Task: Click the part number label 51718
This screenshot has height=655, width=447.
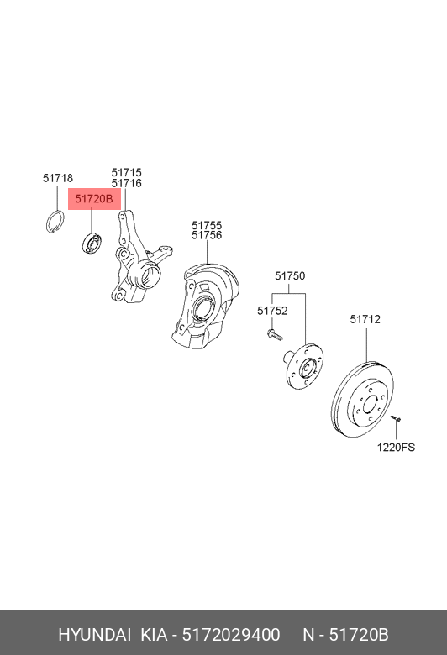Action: pyautogui.click(x=58, y=178)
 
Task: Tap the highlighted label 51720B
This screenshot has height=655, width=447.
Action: pyautogui.click(x=94, y=199)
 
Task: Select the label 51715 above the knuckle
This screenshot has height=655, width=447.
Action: pyautogui.click(x=126, y=172)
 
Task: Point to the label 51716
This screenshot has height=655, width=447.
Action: pyautogui.click(x=126, y=183)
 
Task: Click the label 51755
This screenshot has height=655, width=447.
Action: pyautogui.click(x=207, y=226)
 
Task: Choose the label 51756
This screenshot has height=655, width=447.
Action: pyautogui.click(x=207, y=236)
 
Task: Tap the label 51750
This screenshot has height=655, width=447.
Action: pyautogui.click(x=290, y=276)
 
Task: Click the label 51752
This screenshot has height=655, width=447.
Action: pyautogui.click(x=272, y=311)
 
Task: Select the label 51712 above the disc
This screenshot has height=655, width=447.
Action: pyautogui.click(x=365, y=320)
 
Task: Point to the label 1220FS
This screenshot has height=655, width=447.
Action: pyautogui.click(x=396, y=448)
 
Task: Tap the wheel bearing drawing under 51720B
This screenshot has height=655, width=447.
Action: pyautogui.click(x=92, y=244)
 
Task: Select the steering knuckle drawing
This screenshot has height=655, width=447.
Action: pyautogui.click(x=138, y=258)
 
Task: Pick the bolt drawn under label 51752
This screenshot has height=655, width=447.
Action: pyautogui.click(x=274, y=334)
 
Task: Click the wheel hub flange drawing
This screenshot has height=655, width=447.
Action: pyautogui.click(x=304, y=366)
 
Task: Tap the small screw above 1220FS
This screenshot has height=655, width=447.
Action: pyautogui.click(x=396, y=417)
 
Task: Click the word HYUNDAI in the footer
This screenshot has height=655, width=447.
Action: pyautogui.click(x=94, y=635)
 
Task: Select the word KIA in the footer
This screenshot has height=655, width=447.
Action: pyautogui.click(x=154, y=635)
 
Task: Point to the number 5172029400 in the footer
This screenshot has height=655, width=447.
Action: pyautogui.click(x=231, y=635)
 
